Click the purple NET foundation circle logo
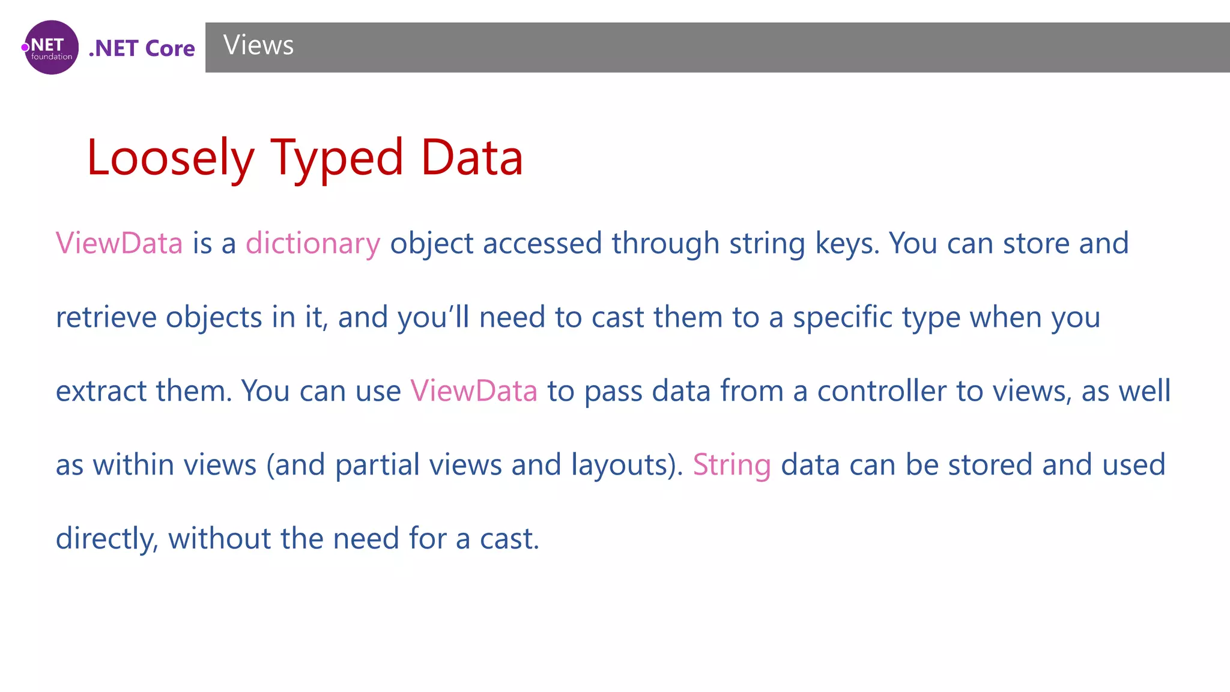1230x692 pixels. (52, 47)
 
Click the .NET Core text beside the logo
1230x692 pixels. (142, 49)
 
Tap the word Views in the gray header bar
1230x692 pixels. (258, 46)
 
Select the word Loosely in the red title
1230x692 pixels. (171, 158)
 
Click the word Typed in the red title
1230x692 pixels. (336, 158)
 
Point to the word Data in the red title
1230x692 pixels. (472, 158)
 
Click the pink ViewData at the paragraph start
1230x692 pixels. (119, 244)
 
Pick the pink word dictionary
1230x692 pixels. (313, 244)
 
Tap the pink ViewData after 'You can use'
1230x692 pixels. (474, 391)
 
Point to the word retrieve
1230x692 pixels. (106, 318)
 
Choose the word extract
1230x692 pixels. (101, 391)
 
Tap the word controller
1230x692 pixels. (882, 391)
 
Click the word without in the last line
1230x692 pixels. (219, 539)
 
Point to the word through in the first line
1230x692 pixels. (665, 244)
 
